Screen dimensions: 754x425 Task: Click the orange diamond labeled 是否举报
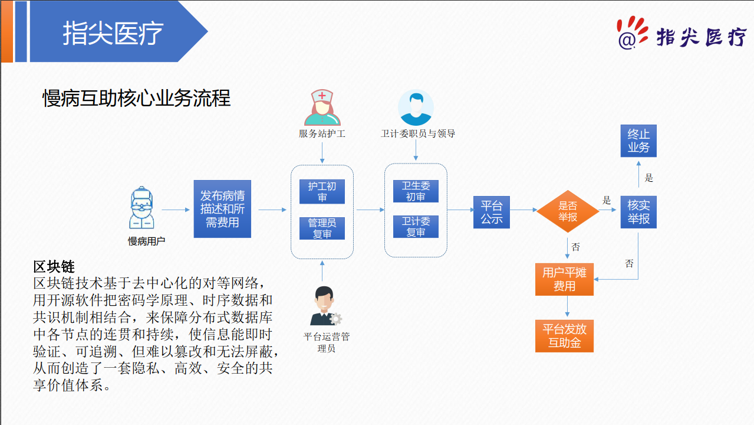(x=568, y=211)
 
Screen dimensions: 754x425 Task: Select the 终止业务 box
(x=638, y=141)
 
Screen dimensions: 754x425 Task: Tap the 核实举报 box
(x=638, y=212)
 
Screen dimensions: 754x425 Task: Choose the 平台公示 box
(x=492, y=212)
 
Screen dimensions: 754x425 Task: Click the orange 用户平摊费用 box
(x=564, y=279)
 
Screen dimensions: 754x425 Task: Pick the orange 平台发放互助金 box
(x=564, y=336)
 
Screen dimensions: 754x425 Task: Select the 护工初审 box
(x=322, y=191)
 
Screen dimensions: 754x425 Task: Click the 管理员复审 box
(x=322, y=228)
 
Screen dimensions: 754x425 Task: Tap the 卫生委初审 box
(x=416, y=191)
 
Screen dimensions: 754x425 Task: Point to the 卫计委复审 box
(x=416, y=227)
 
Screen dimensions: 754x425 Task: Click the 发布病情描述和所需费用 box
(x=222, y=209)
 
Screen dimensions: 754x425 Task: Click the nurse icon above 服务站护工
(x=322, y=107)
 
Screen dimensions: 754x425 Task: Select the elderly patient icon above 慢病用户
(x=141, y=208)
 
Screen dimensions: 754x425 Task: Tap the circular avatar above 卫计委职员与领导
(x=416, y=107)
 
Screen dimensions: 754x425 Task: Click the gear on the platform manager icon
(x=335, y=319)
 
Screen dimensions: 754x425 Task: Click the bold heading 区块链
(x=54, y=267)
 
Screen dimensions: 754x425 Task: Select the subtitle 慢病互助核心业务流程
(x=136, y=99)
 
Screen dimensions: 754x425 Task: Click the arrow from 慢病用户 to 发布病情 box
(x=176, y=210)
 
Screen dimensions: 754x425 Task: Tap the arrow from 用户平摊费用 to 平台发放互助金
(x=567, y=306)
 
